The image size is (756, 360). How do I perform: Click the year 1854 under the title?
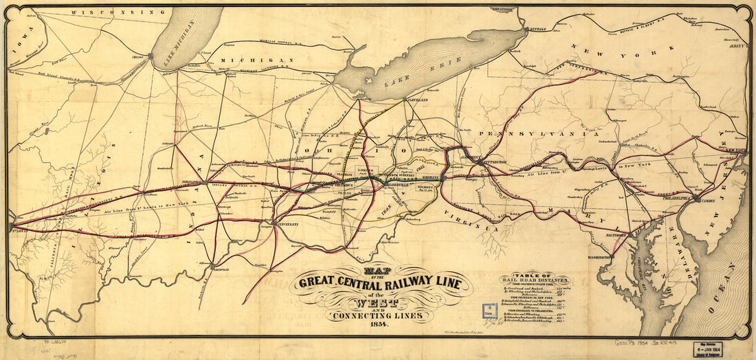(x=379, y=324)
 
